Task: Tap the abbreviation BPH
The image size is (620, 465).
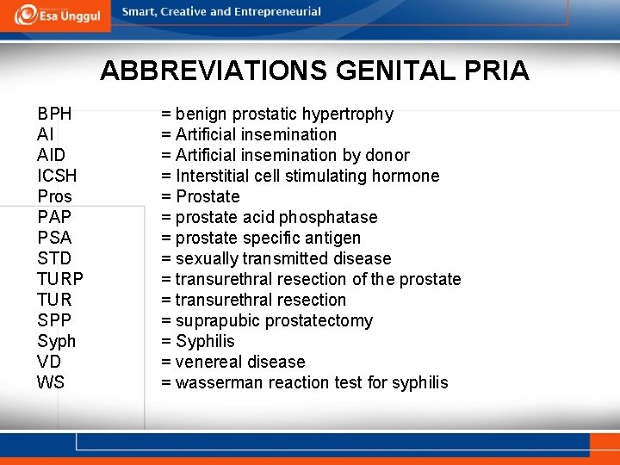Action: (54, 114)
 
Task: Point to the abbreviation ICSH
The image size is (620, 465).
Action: (57, 176)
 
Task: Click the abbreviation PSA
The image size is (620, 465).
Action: (54, 238)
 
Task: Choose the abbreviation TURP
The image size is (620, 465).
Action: (60, 279)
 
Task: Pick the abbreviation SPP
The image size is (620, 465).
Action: (54, 320)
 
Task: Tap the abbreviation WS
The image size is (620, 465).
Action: (51, 382)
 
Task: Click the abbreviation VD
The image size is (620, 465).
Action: (49, 362)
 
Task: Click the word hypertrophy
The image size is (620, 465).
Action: (347, 114)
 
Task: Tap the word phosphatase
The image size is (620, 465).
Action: (328, 217)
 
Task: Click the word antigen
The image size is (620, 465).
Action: (332, 238)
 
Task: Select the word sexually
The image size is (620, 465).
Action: (207, 258)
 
